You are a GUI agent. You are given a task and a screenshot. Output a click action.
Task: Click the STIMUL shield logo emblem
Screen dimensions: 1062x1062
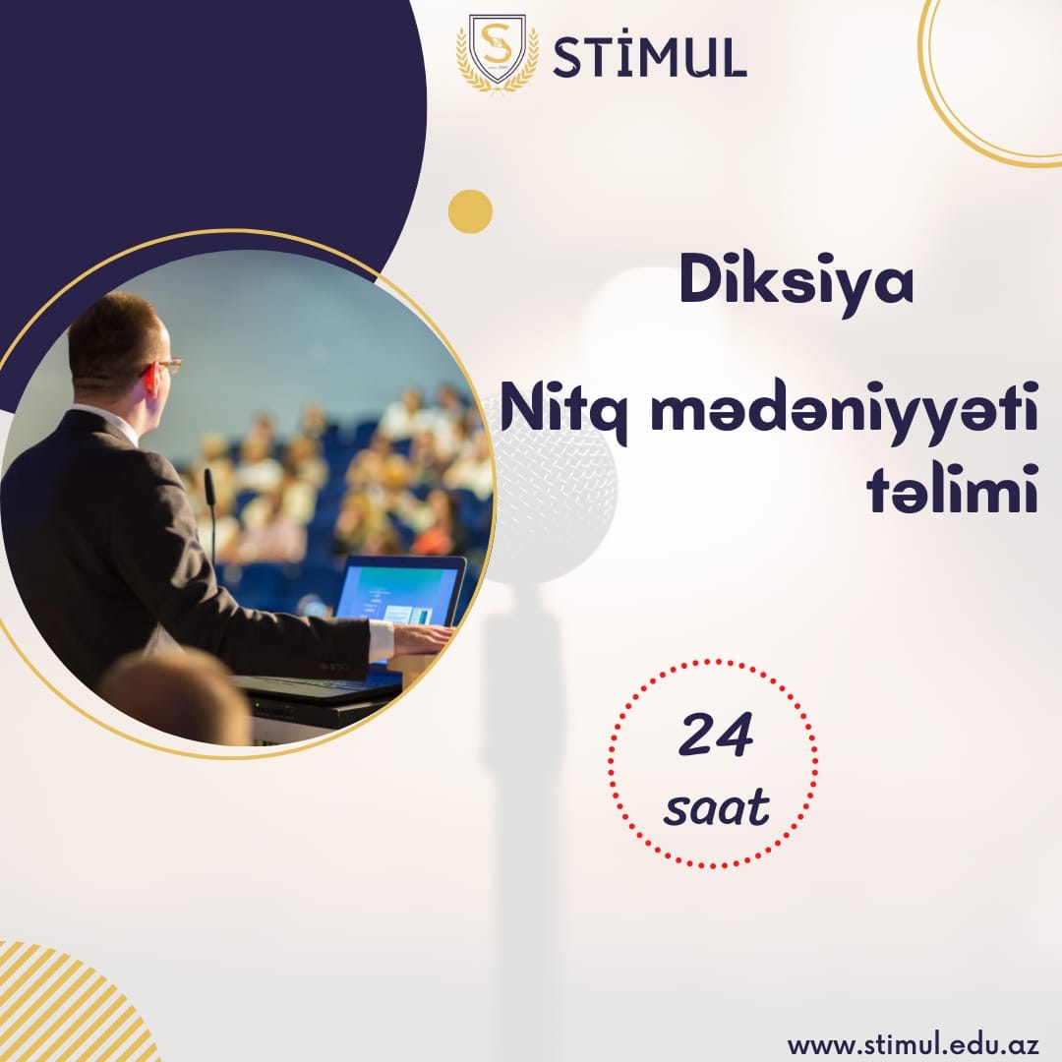[498, 52]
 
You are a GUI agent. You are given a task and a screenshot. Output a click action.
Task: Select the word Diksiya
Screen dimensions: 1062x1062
[796, 283]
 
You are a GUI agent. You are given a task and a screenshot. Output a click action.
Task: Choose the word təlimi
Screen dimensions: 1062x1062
[952, 488]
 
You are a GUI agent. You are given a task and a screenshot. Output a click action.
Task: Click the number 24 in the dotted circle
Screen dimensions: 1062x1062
[716, 734]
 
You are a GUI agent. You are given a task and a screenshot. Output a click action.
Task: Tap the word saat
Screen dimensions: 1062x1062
[717, 806]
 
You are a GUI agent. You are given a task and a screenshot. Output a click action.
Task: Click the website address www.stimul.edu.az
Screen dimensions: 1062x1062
[913, 1043]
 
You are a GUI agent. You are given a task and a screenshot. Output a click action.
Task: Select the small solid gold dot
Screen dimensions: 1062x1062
[470, 211]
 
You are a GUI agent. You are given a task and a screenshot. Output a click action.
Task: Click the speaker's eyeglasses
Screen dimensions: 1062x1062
[166, 366]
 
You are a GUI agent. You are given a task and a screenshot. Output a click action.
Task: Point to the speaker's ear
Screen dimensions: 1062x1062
[148, 380]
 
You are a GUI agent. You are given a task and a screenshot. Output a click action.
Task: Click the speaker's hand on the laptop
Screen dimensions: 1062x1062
[423, 637]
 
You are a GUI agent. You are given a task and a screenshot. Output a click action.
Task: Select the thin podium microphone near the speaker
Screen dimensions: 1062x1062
[211, 514]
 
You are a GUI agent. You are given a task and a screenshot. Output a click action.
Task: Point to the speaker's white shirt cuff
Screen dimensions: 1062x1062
[382, 640]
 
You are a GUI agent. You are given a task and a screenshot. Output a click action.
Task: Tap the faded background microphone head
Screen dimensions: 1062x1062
[552, 489]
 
